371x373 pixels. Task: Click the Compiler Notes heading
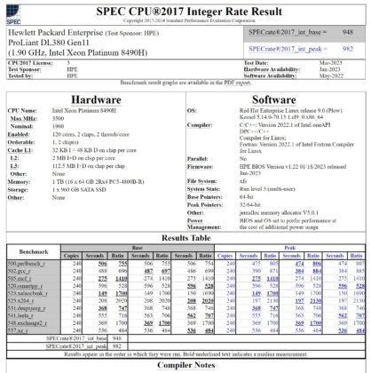[x=185, y=364]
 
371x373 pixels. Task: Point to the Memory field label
[x=20, y=181]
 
